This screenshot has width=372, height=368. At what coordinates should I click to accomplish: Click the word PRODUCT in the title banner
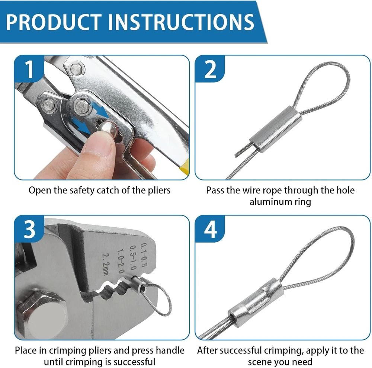(x=54, y=22)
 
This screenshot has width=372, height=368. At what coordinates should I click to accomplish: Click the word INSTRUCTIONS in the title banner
(x=181, y=22)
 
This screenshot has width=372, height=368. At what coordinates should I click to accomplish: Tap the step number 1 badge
(x=29, y=69)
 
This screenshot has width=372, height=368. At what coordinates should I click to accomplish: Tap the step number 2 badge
(x=210, y=69)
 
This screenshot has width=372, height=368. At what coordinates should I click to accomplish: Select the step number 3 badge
(x=29, y=229)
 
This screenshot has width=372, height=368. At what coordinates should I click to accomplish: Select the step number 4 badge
(x=210, y=229)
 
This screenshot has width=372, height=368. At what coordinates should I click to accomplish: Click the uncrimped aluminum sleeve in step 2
(x=276, y=129)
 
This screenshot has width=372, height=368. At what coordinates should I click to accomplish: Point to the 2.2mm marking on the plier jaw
(x=106, y=264)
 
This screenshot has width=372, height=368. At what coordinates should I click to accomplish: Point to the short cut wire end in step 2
(x=243, y=150)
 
